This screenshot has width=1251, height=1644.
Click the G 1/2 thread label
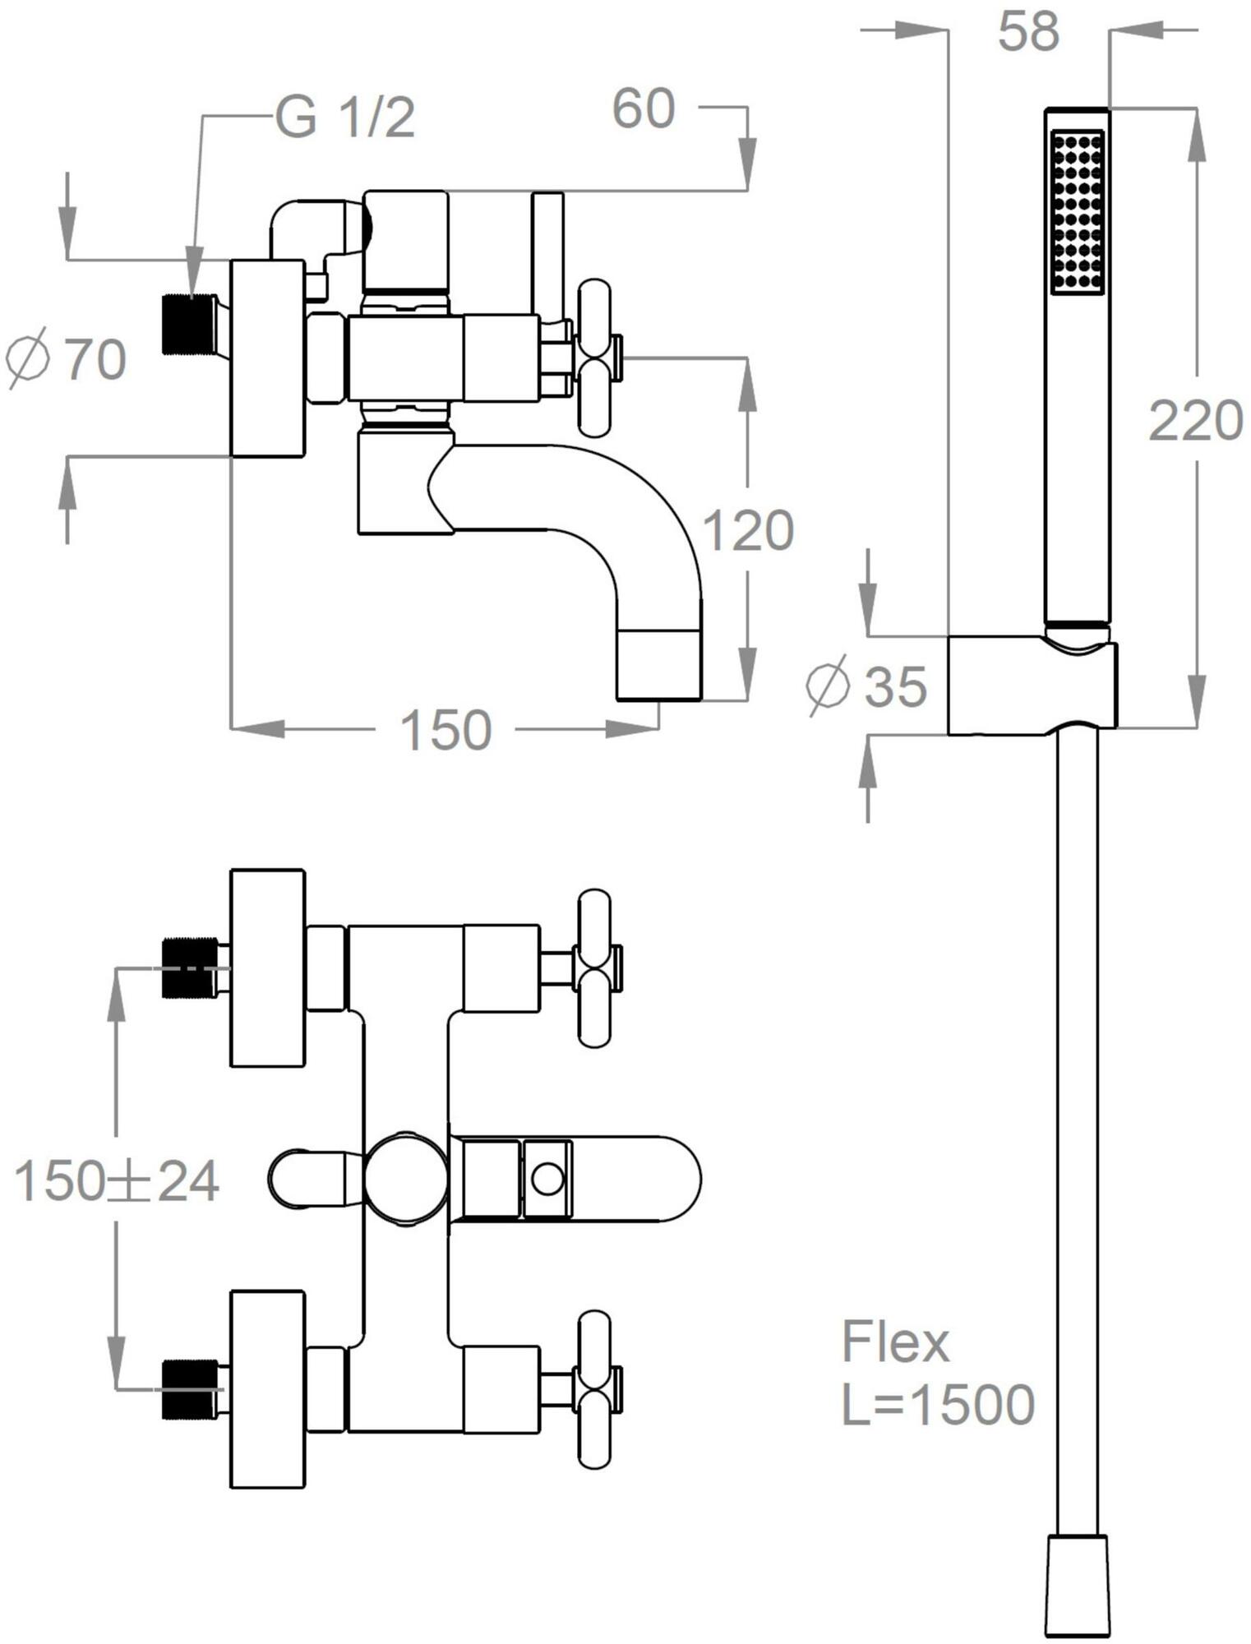point(345,118)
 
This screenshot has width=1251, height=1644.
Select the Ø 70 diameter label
point(66,358)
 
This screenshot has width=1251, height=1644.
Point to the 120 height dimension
point(748,530)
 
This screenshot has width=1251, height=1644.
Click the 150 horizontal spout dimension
point(445,729)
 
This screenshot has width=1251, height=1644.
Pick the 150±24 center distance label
point(118,1181)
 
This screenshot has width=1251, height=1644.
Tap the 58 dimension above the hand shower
point(1028,32)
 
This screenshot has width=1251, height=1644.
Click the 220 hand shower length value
point(1195,421)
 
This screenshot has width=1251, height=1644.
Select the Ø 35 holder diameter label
point(867,686)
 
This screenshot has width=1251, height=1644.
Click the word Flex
point(895,1342)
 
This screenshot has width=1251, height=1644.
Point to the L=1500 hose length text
point(938,1405)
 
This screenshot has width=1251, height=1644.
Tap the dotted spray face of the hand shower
point(1077,211)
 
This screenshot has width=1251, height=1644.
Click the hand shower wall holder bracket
point(1032,685)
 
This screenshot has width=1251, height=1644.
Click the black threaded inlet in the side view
point(188,324)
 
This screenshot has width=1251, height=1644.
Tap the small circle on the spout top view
point(547,1179)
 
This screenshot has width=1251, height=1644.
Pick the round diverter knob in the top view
point(406,1179)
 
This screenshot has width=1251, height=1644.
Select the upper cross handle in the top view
point(595,967)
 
